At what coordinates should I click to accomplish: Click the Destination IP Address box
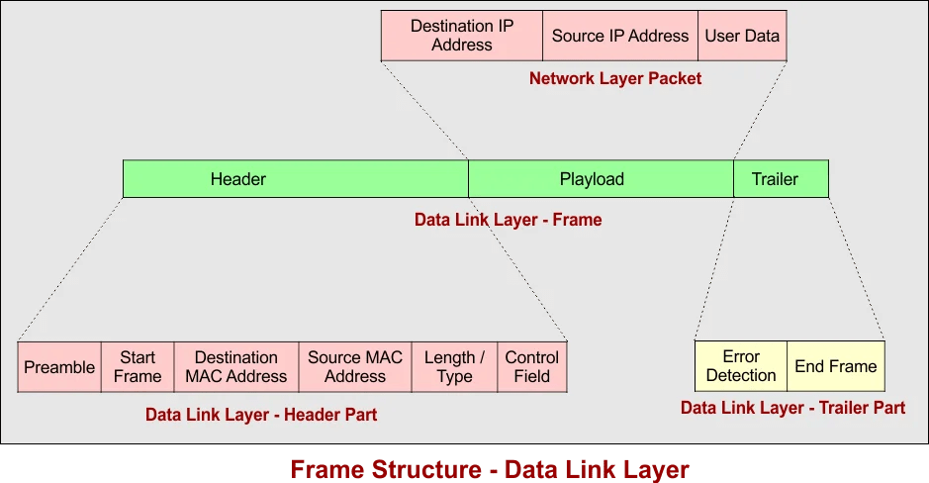[461, 36]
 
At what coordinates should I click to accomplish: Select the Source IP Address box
[620, 36]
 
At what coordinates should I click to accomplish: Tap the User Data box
[742, 36]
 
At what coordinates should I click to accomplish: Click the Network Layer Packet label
[615, 78]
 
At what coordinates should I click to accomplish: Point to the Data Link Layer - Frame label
[508, 220]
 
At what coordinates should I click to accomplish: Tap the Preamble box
[59, 367]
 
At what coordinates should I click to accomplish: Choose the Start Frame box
[138, 367]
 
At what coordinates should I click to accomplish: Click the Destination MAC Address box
[235, 367]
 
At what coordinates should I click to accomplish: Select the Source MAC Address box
[355, 367]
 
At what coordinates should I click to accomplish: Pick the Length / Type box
[454, 367]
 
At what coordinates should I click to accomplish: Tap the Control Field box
[532, 367]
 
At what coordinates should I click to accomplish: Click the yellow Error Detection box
[741, 366]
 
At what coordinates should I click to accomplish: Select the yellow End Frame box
[836, 366]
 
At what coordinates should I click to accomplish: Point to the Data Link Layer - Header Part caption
[261, 415]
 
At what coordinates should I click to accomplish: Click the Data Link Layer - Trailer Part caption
[792, 407]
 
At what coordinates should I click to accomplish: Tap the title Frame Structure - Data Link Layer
[490, 467]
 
